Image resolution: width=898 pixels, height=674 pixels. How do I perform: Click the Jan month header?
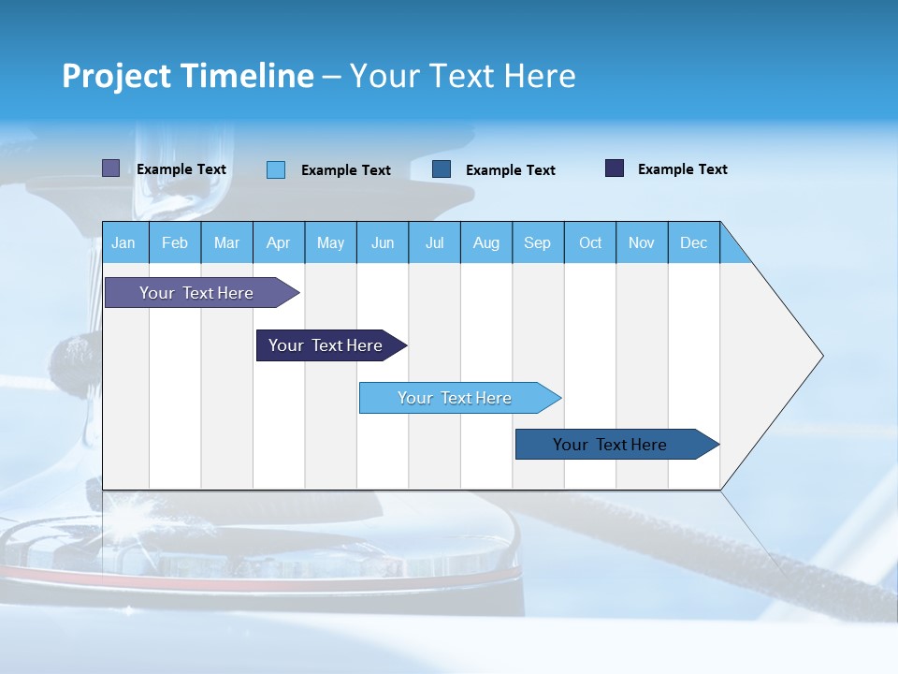123,242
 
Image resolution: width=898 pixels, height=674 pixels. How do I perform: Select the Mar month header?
226,242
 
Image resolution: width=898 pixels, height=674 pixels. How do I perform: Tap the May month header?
330,242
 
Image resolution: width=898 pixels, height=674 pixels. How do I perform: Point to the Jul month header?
434,242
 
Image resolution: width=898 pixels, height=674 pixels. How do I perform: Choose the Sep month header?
537,242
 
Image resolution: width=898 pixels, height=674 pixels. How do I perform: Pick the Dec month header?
693,242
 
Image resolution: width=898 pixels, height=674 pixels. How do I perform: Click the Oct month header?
590,242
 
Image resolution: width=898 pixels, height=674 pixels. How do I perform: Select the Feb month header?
175,242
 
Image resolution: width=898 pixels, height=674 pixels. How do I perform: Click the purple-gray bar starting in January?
196,293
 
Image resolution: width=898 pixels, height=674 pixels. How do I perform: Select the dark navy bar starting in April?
326,345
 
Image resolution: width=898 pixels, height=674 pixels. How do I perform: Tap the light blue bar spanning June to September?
455,398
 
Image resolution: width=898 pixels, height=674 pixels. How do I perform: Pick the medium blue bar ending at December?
610,445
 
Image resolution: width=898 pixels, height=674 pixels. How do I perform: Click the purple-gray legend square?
111,168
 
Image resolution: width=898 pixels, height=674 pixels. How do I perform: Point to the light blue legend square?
276,169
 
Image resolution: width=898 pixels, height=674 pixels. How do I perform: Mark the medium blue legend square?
442,169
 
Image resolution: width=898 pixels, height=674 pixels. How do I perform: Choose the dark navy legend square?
615,168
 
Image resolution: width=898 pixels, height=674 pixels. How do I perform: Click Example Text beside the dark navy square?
682,169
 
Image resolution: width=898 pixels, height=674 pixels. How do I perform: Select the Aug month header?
485,242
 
